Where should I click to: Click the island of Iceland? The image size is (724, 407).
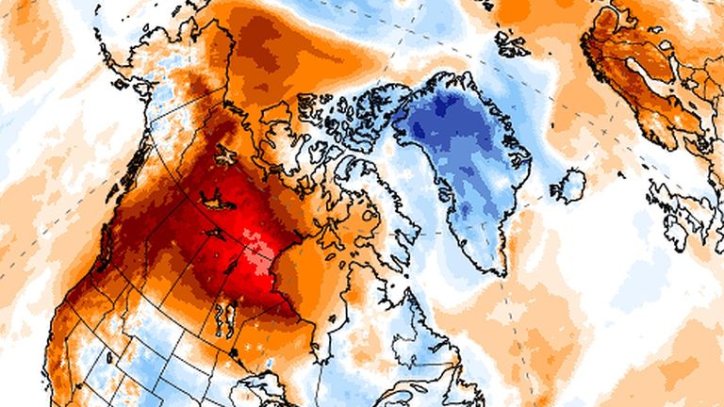(x=568, y=184)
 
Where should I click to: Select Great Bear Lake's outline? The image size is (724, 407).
(x=226, y=151)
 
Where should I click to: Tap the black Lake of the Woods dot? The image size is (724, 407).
(x=233, y=351)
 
